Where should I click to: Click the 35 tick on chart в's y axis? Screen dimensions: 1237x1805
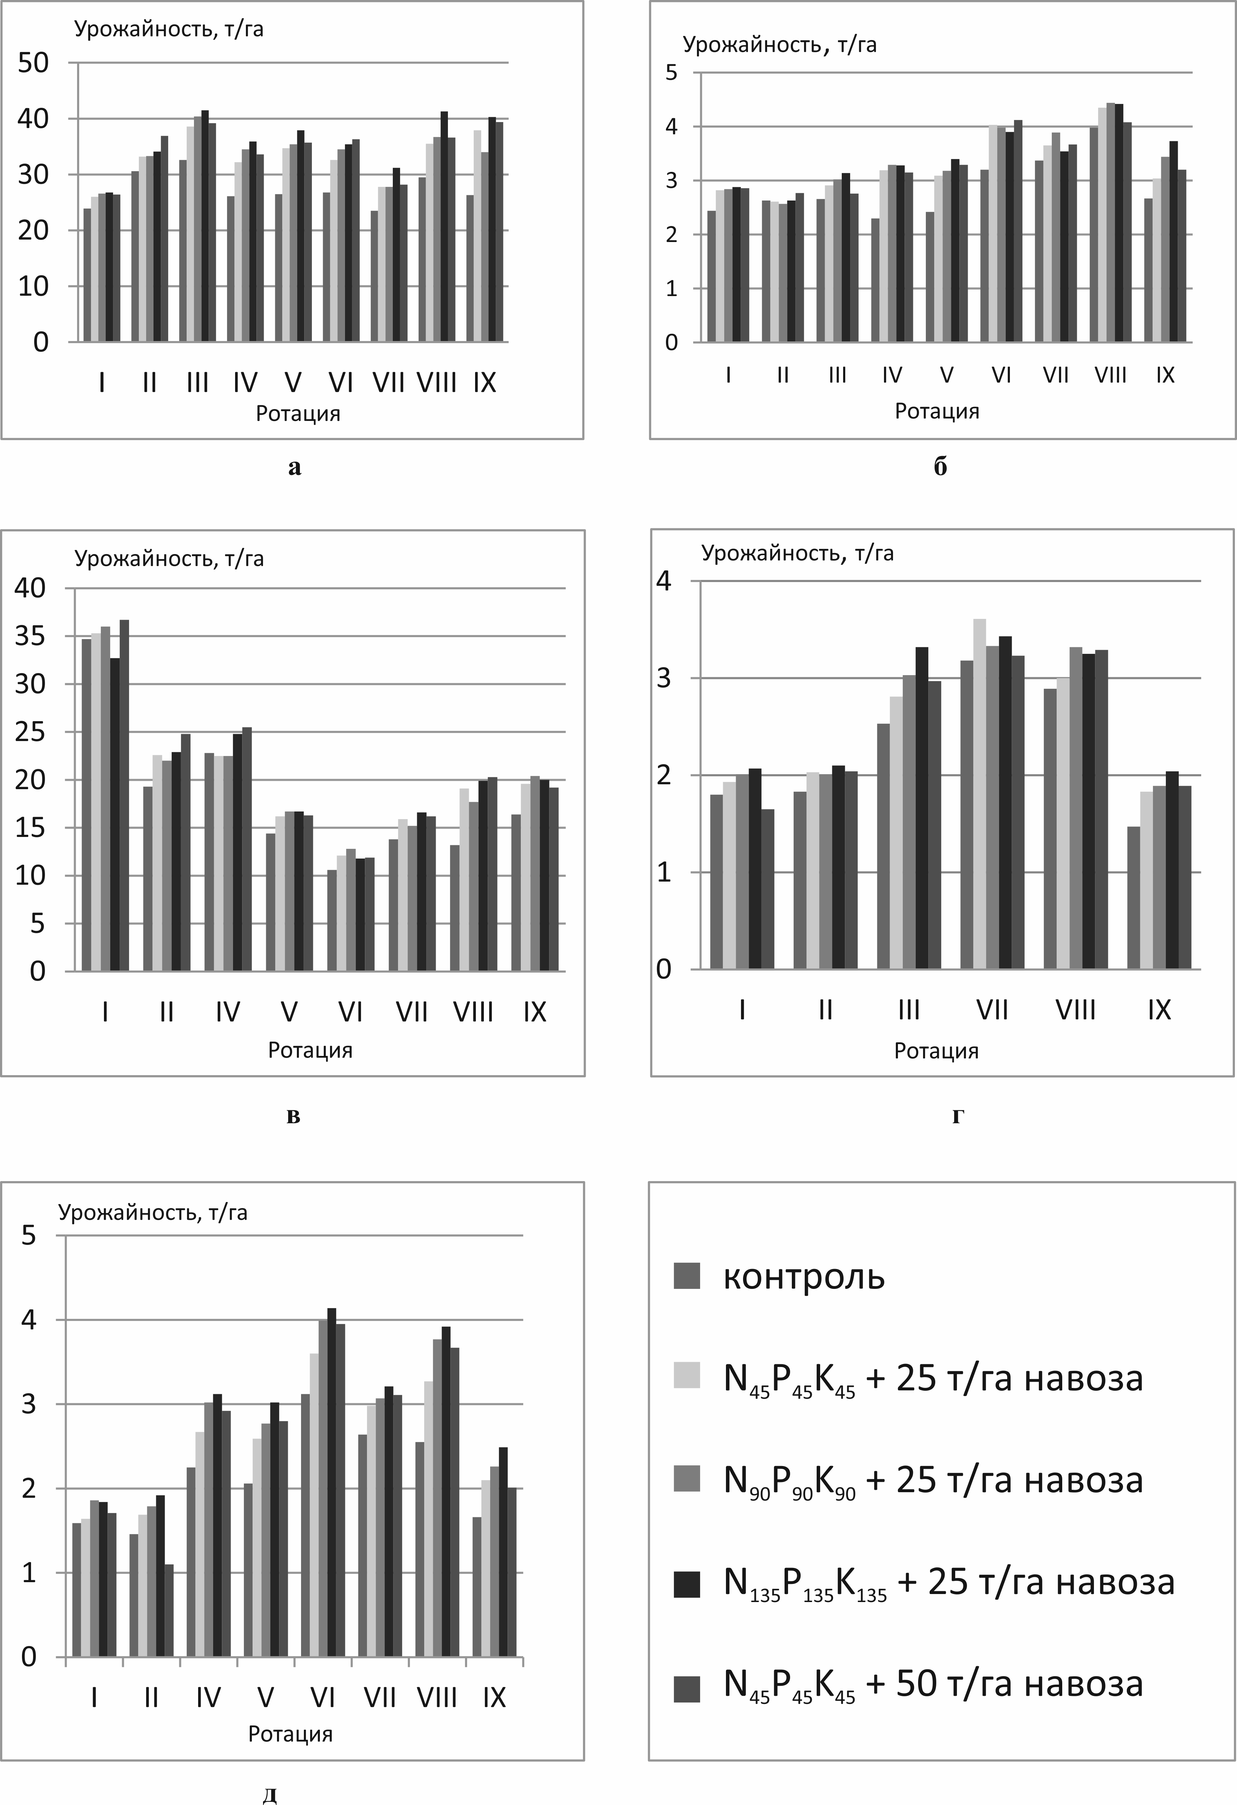[x=30, y=636]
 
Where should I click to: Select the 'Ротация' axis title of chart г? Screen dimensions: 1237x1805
[x=936, y=1051]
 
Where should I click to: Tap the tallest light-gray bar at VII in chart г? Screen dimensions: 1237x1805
[x=979, y=794]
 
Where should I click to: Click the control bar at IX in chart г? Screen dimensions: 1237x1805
[x=1134, y=898]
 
